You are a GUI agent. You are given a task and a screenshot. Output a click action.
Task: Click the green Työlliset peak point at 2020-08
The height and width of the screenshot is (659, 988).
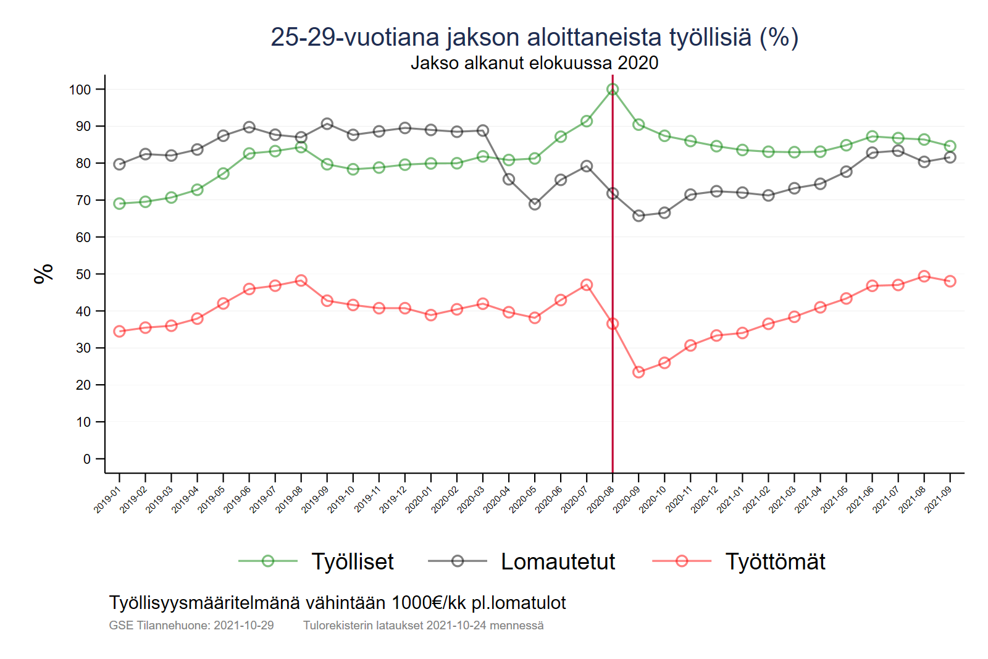[613, 90]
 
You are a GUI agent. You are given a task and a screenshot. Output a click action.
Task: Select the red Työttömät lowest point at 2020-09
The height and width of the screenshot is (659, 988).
[638, 372]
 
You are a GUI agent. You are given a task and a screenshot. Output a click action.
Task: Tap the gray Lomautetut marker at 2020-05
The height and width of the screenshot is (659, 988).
[535, 204]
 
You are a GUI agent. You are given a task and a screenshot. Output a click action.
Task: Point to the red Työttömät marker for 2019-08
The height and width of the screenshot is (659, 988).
[301, 280]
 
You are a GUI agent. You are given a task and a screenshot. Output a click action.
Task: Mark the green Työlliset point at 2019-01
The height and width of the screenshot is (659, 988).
[120, 204]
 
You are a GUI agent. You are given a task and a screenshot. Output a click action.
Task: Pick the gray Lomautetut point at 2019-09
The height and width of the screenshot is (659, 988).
[327, 124]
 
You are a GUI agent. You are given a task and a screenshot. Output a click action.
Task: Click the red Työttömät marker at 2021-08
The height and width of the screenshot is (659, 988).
[924, 276]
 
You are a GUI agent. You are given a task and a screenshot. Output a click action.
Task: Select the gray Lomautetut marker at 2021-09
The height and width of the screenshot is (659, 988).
[950, 157]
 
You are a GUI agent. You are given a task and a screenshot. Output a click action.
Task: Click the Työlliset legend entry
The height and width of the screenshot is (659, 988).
[352, 561]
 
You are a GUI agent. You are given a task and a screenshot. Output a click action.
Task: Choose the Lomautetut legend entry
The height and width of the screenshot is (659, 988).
[558, 561]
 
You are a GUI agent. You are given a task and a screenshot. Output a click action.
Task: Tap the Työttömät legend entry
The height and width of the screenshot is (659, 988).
[775, 561]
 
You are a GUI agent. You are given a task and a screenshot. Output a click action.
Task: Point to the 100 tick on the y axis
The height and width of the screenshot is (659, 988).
[80, 90]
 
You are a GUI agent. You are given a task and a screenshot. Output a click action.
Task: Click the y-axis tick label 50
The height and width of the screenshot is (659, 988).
[83, 274]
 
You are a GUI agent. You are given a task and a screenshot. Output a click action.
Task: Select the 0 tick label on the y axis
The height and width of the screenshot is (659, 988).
[87, 459]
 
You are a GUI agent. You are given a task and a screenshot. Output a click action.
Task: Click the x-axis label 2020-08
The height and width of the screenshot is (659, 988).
[600, 500]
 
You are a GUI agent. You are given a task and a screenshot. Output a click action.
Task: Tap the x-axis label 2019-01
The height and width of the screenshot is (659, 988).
[107, 500]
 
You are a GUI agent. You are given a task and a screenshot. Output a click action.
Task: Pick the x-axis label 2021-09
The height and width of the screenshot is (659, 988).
[937, 500]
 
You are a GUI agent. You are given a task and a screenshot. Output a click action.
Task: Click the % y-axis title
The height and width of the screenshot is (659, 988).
[44, 274]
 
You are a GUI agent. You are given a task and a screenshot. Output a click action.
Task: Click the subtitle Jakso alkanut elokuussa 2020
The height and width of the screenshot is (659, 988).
[534, 63]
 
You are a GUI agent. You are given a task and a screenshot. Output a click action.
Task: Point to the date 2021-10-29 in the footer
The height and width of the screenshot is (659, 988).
[243, 625]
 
